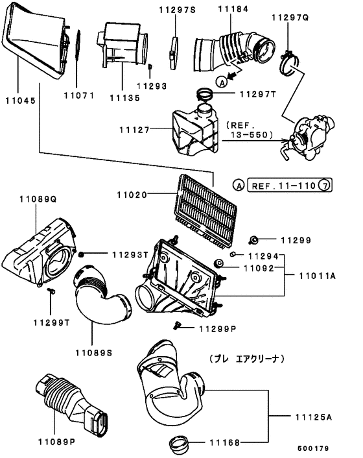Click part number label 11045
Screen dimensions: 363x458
point(21,101)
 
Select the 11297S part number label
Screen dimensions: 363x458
point(178,10)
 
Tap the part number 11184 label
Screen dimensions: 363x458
point(233,9)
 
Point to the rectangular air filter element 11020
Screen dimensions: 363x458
point(207,211)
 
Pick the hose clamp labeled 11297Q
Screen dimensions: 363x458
point(290,63)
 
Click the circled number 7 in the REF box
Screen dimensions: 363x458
point(324,185)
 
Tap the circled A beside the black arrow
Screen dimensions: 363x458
point(222,82)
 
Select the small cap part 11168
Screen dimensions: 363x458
point(179,443)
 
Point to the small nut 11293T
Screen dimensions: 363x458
point(82,255)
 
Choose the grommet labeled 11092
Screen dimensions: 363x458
point(218,263)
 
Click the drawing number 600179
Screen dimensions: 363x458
point(313,448)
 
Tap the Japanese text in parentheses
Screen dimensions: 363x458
point(247,359)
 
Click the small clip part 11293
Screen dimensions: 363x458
point(150,67)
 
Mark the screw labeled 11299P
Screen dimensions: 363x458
point(177,326)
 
